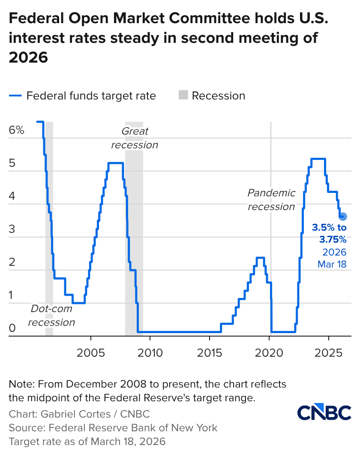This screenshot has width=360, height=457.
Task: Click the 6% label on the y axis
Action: pyautogui.click(x=16, y=130)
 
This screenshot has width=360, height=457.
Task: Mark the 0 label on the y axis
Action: pyautogui.click(x=12, y=328)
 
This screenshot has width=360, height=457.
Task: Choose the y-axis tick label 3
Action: pyautogui.click(x=12, y=229)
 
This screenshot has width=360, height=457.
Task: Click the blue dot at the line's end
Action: pyautogui.click(x=342, y=216)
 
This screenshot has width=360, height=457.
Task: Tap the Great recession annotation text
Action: pyautogui.click(x=135, y=138)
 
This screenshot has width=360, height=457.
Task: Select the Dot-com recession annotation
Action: pyautogui.click(x=51, y=316)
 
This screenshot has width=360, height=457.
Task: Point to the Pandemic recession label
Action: pyautogui.click(x=271, y=200)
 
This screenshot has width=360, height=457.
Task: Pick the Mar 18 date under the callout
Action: pyautogui.click(x=332, y=265)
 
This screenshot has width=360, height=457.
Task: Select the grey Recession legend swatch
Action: pyautogui.click(x=183, y=96)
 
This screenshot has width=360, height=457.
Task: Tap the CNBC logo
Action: pyautogui.click(x=324, y=412)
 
